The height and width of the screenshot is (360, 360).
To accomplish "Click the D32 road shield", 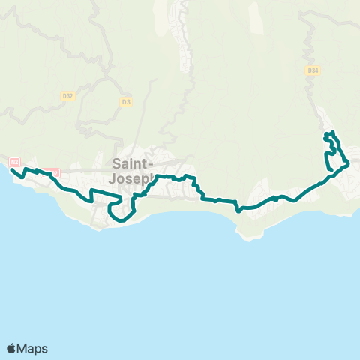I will (67, 96).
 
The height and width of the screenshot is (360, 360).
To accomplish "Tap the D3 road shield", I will (125, 100).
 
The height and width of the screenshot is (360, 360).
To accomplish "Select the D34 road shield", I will (313, 70).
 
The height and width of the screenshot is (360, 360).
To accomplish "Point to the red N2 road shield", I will (14, 161).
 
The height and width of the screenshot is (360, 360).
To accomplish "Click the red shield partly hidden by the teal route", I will (52, 172).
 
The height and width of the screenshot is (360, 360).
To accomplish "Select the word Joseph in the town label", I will (132, 179).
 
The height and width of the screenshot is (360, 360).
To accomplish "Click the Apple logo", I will (12, 348).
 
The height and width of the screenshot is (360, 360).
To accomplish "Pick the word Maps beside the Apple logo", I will (33, 348).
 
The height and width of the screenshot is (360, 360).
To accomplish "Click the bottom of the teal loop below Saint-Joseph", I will (120, 221).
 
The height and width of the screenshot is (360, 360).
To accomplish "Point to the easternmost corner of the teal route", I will (349, 162).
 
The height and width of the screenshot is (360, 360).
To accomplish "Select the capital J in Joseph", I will (114, 179).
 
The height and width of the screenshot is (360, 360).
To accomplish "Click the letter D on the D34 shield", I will (309, 70).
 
